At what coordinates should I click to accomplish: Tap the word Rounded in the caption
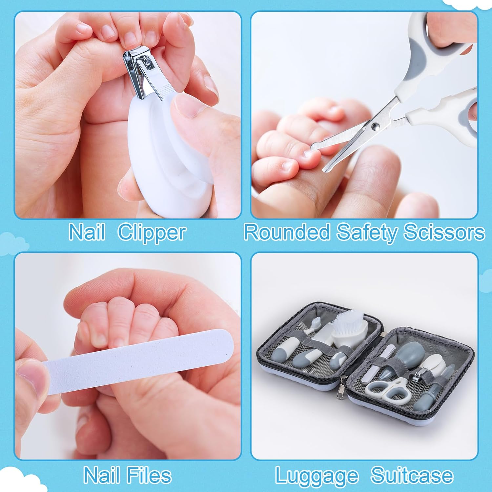[x=287, y=232]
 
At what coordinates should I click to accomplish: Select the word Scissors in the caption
[x=444, y=232]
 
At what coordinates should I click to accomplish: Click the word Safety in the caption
[x=367, y=232]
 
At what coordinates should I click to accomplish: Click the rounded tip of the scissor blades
[x=328, y=168]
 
